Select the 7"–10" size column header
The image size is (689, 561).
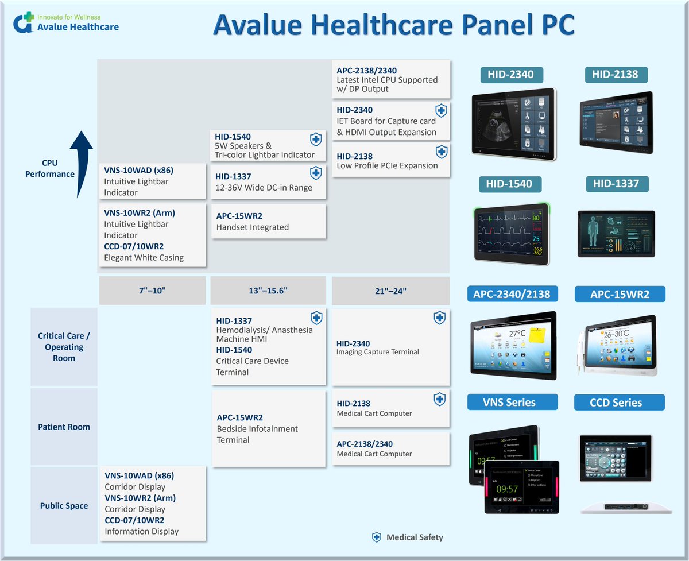152,291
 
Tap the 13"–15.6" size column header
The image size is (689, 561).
268,291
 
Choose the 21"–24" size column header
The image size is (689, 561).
390,291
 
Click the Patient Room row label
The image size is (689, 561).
64,427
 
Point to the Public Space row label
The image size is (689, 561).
64,506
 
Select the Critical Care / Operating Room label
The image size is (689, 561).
64,347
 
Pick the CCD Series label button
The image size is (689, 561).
619,402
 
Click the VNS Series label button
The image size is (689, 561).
512,402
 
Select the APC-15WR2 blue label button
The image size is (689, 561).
620,294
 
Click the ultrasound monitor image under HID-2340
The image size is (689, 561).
514,122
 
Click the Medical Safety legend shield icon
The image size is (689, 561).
377,537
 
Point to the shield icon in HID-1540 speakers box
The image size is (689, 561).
315,140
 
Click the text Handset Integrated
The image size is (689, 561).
252,227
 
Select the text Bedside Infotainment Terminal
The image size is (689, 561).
257,434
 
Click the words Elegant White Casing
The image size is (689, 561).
144,257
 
